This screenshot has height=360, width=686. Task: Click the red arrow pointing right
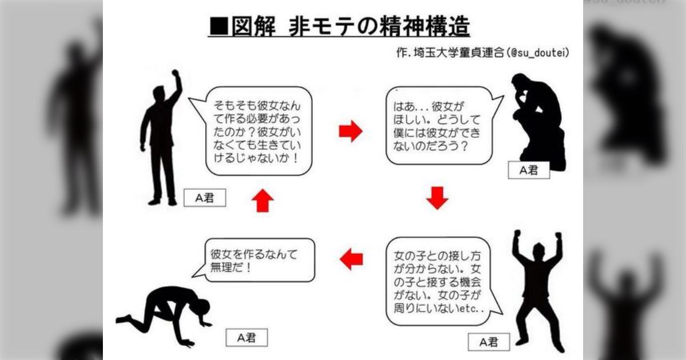[x=350, y=131]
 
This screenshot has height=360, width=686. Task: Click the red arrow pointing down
[x=437, y=198]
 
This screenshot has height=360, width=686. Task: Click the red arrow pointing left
[x=351, y=259]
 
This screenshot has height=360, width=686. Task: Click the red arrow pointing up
[x=263, y=201]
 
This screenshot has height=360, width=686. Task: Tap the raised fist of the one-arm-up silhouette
[x=175, y=73]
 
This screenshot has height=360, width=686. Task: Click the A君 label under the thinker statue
[x=529, y=170]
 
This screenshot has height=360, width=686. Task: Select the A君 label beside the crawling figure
[x=246, y=338]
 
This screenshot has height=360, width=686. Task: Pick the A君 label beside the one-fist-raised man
[x=205, y=198]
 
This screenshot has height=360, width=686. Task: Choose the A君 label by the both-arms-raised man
[x=489, y=342]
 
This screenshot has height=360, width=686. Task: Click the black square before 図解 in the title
[x=219, y=26]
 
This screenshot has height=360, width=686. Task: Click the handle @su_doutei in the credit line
[x=538, y=53]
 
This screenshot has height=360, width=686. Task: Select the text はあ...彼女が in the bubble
[x=428, y=106]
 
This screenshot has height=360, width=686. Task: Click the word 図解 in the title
[x=253, y=26]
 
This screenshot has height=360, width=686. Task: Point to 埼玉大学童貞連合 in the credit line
[x=458, y=53]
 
